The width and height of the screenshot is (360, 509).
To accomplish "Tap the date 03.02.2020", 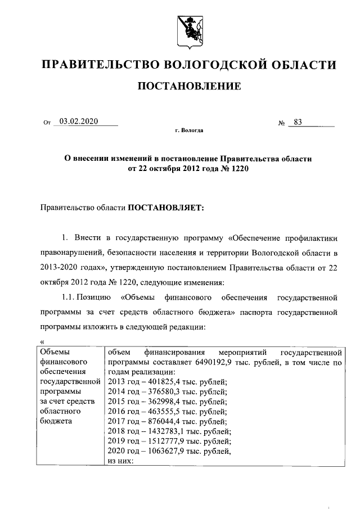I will pos(79,121).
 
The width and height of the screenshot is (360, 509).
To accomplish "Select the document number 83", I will pos(298,121).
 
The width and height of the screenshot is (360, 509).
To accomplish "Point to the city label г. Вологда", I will pos(189,130).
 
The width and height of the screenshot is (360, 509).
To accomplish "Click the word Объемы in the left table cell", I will pos(53,353).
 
